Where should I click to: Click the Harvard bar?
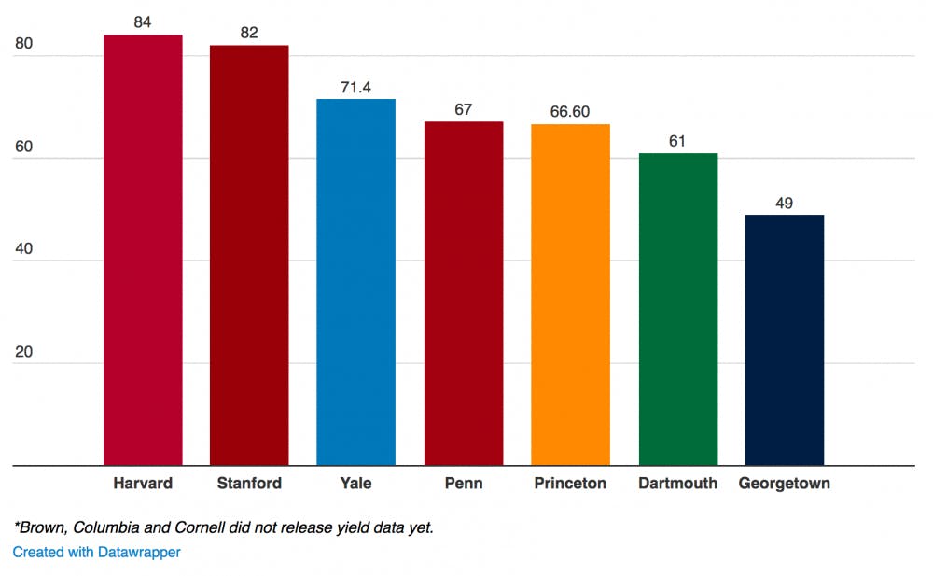pos(143,249)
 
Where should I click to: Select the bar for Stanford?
pos(249,255)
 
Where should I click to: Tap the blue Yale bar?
pos(355,282)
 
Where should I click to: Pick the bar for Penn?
pos(463,293)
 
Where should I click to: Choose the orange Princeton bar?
pos(570,294)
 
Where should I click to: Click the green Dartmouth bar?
pos(678,309)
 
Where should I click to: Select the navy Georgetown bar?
pos(785,340)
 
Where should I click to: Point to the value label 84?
pos(143,21)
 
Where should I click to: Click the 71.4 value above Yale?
pos(355,86)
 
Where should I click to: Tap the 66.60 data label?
pos(570,111)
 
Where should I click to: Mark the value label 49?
pos(785,203)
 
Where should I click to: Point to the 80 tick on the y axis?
pos(23,44)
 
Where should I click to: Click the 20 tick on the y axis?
pos(23,352)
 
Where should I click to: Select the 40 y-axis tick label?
pos(23,249)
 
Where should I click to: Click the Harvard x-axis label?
pos(143,484)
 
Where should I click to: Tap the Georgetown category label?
pos(785,484)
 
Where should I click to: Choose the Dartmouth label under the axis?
pos(678,484)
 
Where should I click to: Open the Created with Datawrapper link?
pos(96,552)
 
